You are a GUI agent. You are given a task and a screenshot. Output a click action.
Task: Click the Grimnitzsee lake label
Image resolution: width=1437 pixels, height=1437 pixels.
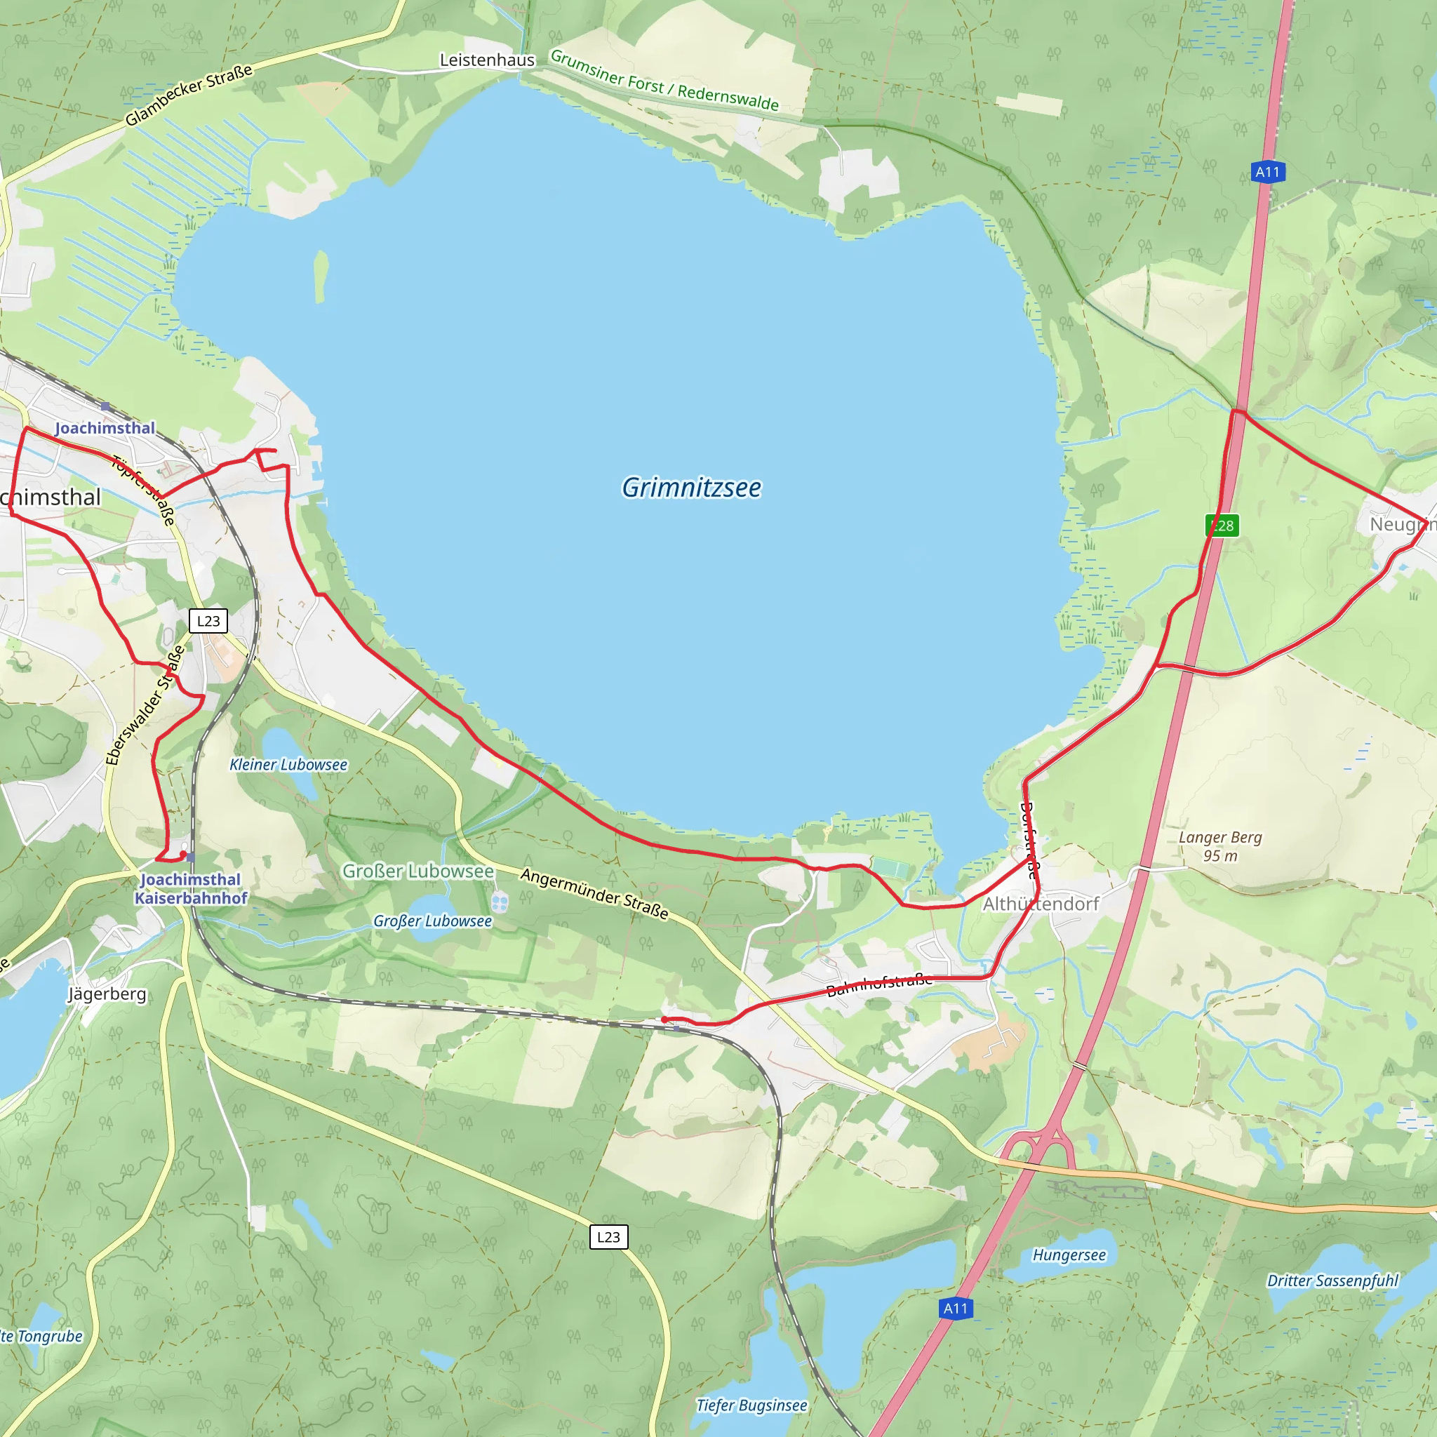click(x=691, y=488)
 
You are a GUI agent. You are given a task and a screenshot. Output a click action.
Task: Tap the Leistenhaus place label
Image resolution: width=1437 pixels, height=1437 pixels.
click(x=486, y=60)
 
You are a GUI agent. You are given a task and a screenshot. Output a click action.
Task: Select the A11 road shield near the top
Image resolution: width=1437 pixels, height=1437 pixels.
click(x=1267, y=173)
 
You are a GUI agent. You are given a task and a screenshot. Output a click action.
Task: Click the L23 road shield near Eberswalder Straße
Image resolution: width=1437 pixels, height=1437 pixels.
click(x=208, y=620)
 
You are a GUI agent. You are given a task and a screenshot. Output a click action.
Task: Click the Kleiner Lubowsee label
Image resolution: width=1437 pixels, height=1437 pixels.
click(x=288, y=765)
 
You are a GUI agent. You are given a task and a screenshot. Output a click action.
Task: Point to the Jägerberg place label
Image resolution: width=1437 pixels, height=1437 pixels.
click(x=107, y=994)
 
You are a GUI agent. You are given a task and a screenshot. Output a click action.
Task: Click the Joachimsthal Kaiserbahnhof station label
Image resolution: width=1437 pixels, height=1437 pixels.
click(x=190, y=888)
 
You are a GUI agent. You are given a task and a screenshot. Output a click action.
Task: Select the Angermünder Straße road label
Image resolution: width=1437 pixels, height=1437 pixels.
click(x=594, y=893)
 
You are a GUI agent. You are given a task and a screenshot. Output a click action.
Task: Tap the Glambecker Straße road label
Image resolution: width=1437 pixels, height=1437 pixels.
click(x=188, y=95)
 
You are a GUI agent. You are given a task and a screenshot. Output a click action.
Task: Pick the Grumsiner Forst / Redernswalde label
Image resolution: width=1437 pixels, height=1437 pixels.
click(x=664, y=80)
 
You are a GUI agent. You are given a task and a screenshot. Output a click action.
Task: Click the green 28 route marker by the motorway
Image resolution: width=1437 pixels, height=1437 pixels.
click(x=1222, y=526)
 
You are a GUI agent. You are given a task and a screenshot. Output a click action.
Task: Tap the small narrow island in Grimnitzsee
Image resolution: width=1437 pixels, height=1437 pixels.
click(x=321, y=276)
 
